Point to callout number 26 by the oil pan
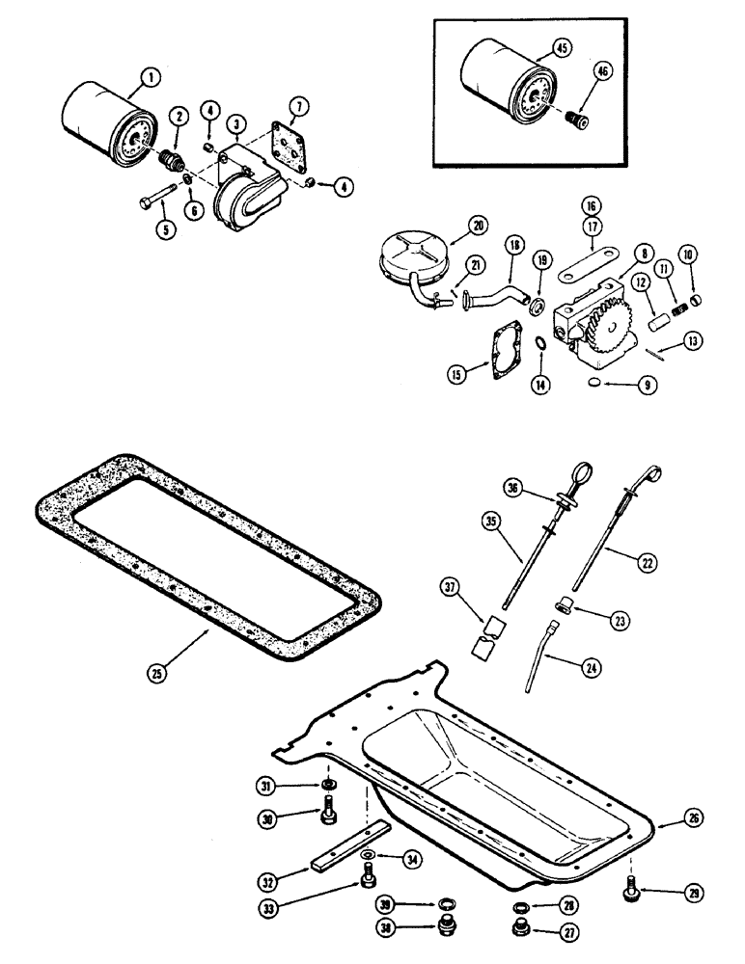[x=693, y=818]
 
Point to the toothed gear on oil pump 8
[x=601, y=315]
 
